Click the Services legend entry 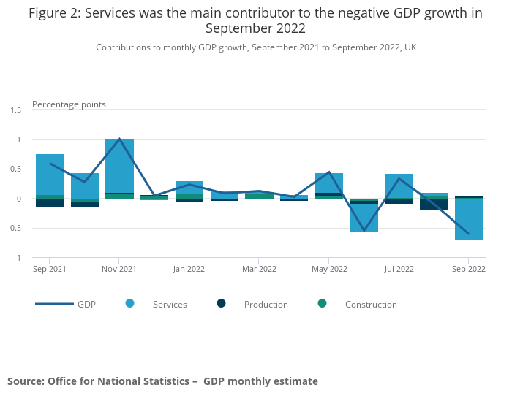coord(169,304)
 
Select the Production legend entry coord(266,304)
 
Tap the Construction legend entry coord(370,304)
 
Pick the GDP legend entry coord(86,304)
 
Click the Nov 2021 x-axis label coord(119,269)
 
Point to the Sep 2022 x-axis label coord(468,269)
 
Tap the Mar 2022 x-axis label coord(259,269)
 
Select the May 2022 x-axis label coord(329,269)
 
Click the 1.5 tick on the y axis coord(15,110)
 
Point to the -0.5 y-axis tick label coord(15,228)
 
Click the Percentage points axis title coord(69,104)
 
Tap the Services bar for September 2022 coord(469,218)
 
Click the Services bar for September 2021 coord(50,175)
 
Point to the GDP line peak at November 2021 coord(119,139)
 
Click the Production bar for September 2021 coord(50,202)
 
